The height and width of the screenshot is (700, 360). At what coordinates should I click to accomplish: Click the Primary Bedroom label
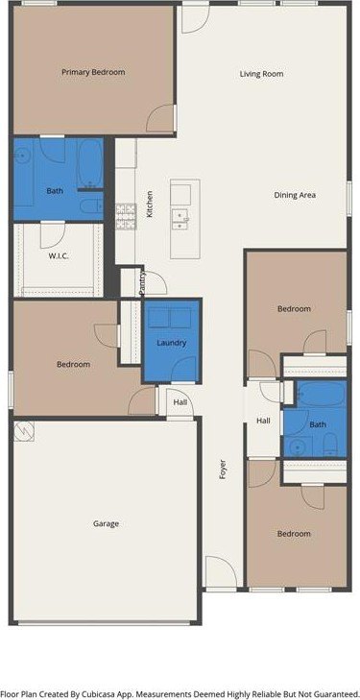click(x=93, y=72)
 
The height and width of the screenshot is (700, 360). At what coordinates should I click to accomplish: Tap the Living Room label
click(x=261, y=74)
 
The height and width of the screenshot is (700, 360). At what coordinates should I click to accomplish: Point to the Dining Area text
click(x=295, y=195)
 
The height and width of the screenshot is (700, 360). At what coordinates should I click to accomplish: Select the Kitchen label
click(x=150, y=204)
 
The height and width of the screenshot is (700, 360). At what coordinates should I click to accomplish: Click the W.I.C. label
click(x=59, y=256)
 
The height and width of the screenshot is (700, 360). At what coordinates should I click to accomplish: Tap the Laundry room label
click(x=171, y=343)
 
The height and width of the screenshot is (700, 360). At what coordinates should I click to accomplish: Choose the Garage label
click(x=107, y=523)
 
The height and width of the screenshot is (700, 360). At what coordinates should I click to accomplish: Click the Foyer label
click(x=223, y=470)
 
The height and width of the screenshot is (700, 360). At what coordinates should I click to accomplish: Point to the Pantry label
click(x=142, y=281)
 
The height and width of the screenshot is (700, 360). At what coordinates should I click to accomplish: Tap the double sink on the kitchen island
click(x=180, y=221)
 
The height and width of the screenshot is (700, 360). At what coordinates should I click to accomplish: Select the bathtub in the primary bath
click(x=90, y=164)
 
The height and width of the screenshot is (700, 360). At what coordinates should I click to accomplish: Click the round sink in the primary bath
click(x=21, y=156)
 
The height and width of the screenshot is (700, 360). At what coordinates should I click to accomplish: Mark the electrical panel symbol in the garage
click(x=24, y=431)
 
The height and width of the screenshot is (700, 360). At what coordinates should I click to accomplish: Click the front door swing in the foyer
click(x=221, y=572)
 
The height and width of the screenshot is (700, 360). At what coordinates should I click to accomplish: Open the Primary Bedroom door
click(x=160, y=118)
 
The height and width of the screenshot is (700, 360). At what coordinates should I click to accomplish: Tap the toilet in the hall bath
click(x=330, y=445)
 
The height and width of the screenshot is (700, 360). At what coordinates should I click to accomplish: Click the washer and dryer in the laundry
click(x=170, y=318)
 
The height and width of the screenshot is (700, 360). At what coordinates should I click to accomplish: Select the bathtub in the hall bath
click(x=322, y=394)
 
